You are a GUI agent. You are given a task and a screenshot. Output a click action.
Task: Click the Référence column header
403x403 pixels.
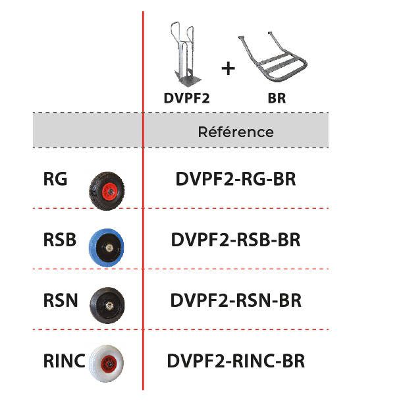tap(236, 132)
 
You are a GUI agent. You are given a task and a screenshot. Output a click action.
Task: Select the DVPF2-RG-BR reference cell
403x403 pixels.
tap(236, 178)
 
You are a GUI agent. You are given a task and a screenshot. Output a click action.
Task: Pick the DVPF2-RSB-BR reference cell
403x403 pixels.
tap(236, 240)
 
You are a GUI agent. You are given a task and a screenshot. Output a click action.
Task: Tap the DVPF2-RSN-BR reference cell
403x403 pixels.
tap(236, 300)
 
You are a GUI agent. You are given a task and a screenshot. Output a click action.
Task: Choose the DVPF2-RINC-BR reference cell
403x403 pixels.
tap(236, 361)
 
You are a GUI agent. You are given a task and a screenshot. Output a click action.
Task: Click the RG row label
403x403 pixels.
tap(55, 178)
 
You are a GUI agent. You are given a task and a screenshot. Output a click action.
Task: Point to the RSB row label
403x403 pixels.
tap(60, 240)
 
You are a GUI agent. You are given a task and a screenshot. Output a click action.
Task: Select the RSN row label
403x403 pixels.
tap(61, 300)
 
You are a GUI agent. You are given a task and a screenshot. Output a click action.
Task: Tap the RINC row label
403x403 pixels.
tap(65, 361)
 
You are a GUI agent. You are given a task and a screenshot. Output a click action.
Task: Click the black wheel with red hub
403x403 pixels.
tap(107, 191)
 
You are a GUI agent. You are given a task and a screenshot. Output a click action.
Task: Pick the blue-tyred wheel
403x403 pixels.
tap(107, 247)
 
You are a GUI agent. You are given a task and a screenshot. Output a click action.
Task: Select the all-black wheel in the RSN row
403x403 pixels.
tap(107, 306)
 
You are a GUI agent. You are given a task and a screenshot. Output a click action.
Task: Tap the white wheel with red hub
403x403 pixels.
tap(106, 363)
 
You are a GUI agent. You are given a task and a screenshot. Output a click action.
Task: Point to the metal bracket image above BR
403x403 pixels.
tap(273, 57)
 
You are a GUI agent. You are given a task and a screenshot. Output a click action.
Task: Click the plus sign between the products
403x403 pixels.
tap(228, 68)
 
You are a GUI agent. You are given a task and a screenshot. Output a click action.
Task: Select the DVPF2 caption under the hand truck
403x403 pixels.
tap(187, 98)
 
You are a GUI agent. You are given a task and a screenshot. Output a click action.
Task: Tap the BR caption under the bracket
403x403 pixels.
tap(277, 98)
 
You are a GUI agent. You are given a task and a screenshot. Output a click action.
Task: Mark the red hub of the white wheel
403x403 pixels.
tap(109, 363)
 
